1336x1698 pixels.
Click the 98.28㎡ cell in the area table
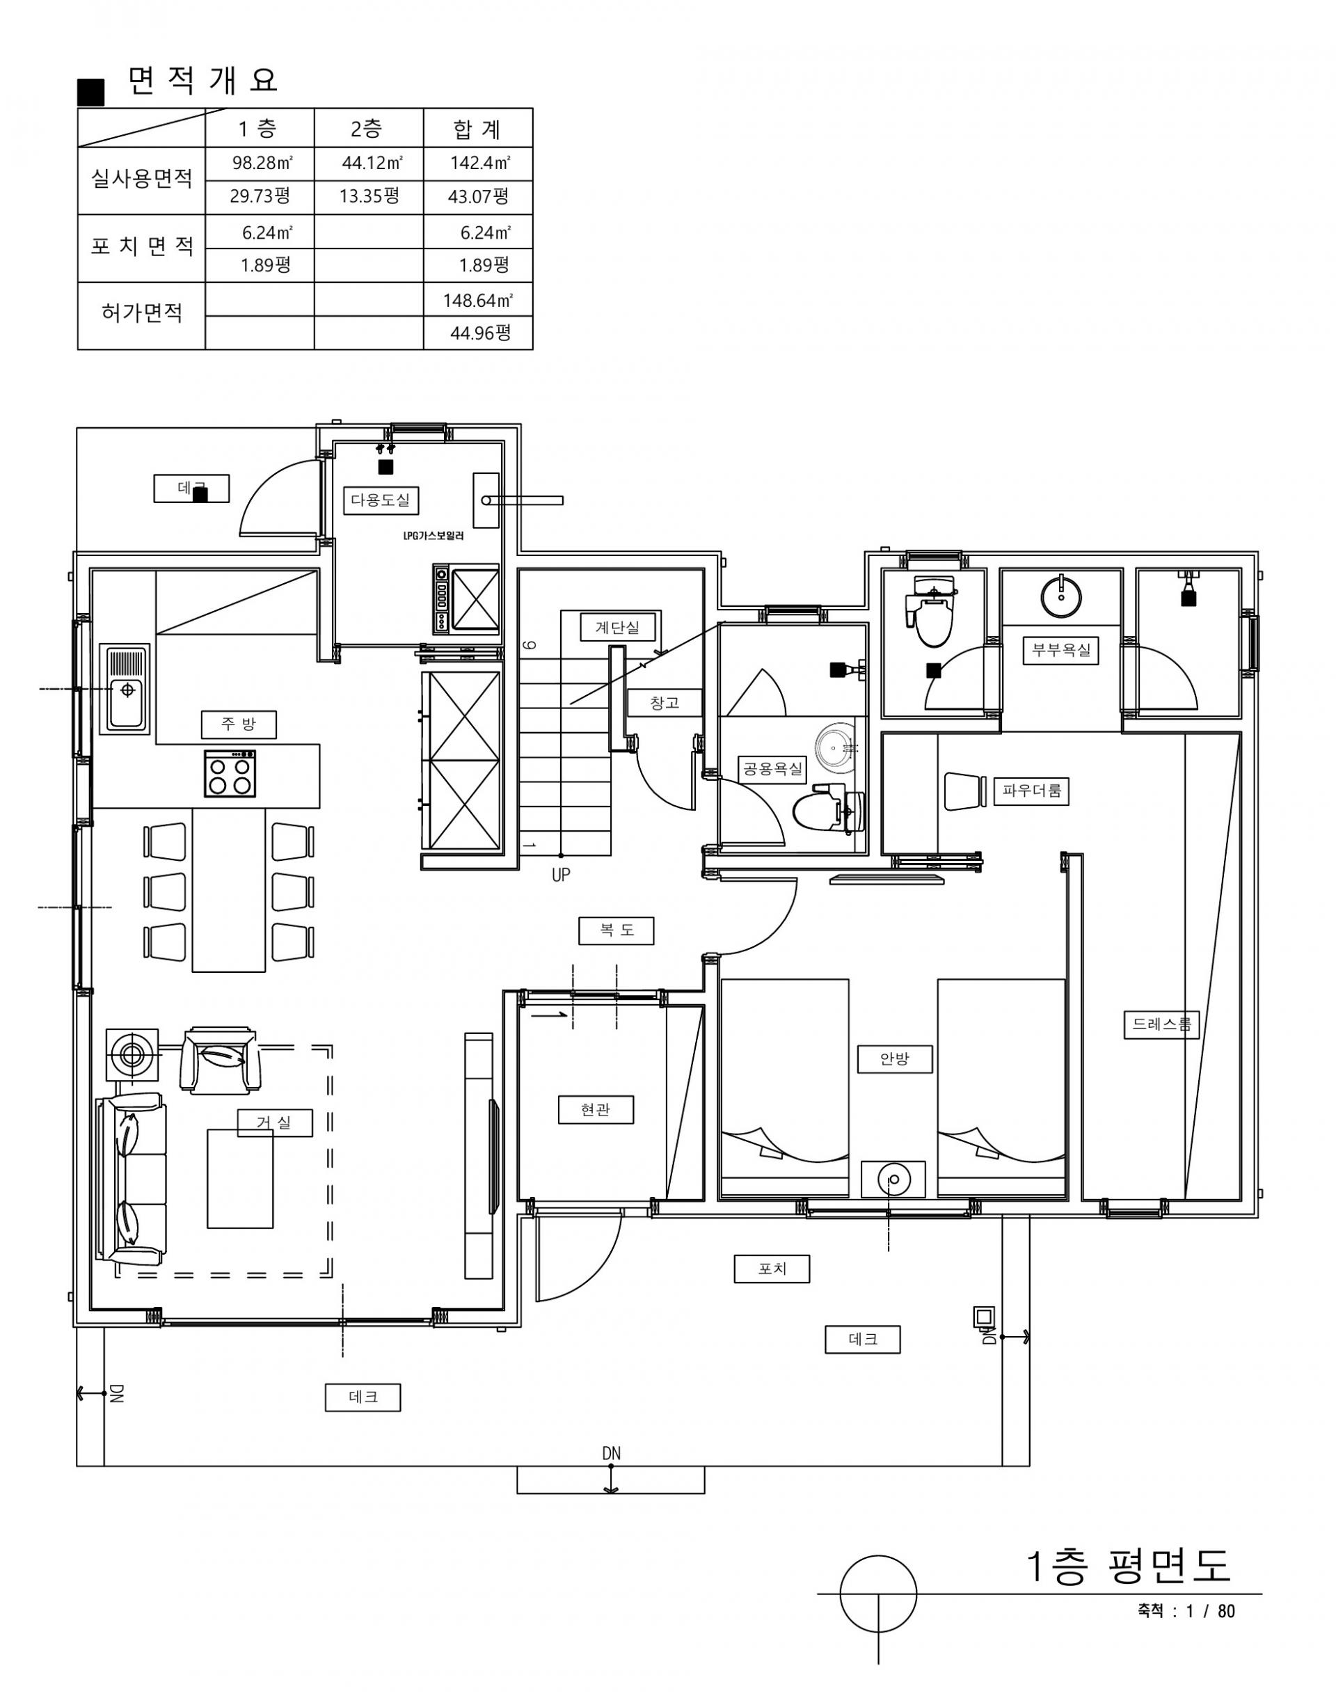[262, 164]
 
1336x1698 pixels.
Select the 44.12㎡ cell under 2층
[372, 164]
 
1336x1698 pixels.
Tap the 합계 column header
[477, 129]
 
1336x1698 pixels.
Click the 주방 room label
[239, 724]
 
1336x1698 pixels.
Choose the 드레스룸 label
[1161, 1024]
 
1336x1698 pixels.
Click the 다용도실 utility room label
[381, 500]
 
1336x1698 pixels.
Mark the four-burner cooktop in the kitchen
[230, 774]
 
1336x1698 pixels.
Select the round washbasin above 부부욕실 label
[1061, 595]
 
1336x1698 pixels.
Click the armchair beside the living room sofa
[221, 1061]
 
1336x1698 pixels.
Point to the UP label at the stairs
[561, 875]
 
